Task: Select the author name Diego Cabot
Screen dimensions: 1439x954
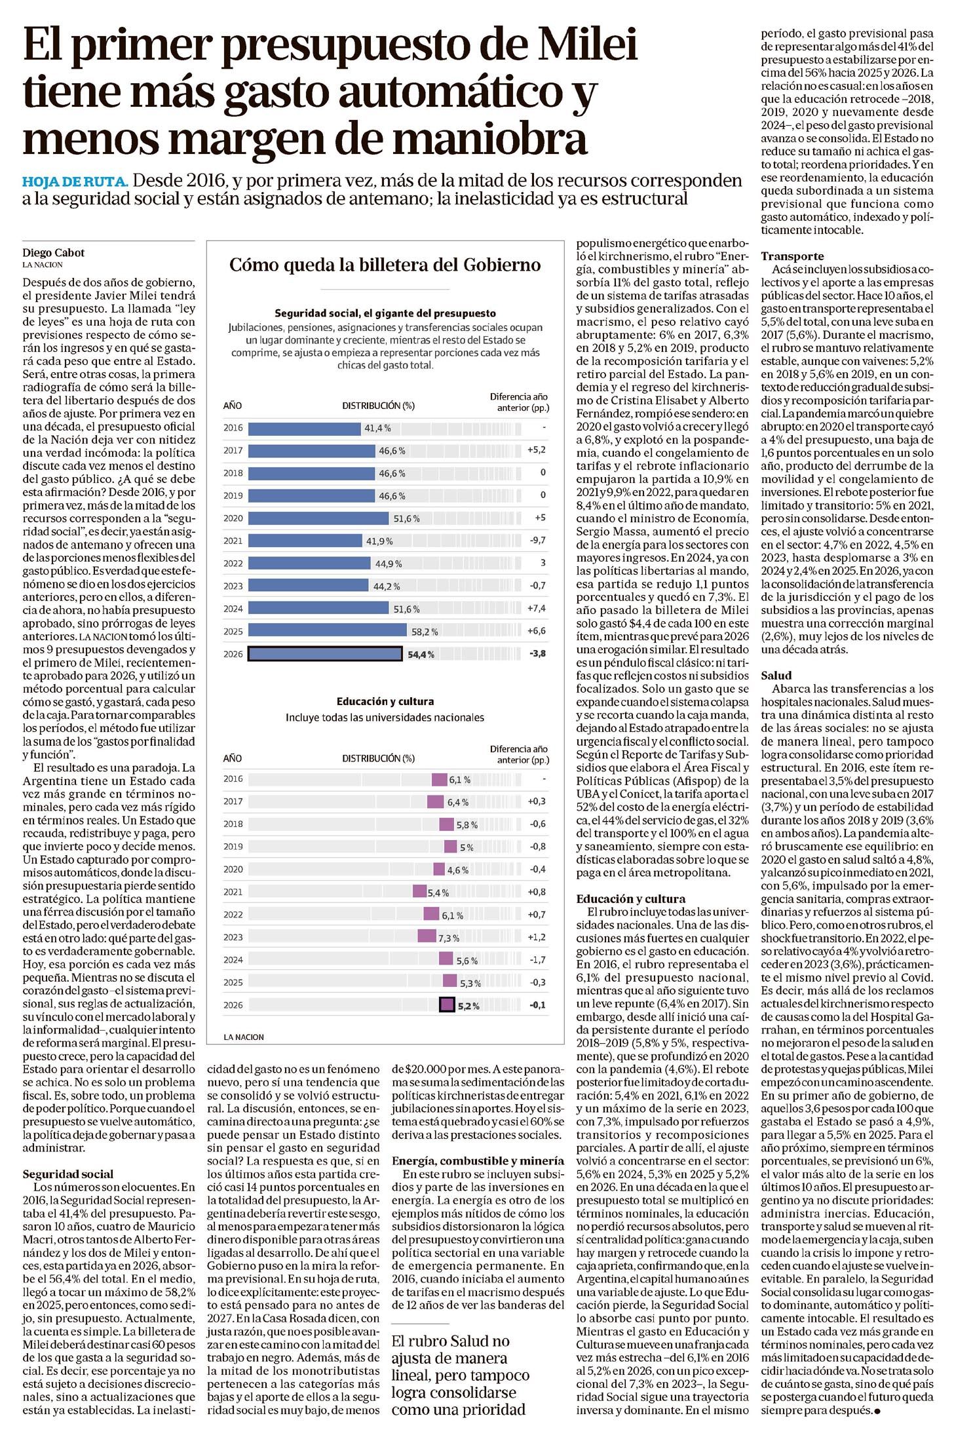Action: click(x=54, y=253)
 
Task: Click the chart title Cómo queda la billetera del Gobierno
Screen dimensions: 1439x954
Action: click(x=385, y=265)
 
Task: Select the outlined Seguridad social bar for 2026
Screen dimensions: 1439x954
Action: click(x=325, y=653)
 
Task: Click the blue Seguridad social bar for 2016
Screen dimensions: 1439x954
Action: click(x=305, y=428)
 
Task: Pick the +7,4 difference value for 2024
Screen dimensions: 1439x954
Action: click(x=535, y=609)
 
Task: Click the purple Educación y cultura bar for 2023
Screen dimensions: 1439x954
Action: click(x=427, y=937)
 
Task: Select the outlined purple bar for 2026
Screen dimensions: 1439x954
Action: click(x=447, y=1005)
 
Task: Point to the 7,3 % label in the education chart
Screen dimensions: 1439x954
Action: click(x=449, y=938)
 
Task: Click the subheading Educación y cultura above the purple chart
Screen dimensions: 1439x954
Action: click(x=385, y=701)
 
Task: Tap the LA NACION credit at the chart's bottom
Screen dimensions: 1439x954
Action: click(x=244, y=1037)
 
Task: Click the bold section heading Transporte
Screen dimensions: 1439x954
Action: click(x=792, y=256)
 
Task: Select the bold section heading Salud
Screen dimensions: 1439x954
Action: click(x=776, y=675)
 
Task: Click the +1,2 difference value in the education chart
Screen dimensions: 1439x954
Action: click(x=535, y=937)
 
